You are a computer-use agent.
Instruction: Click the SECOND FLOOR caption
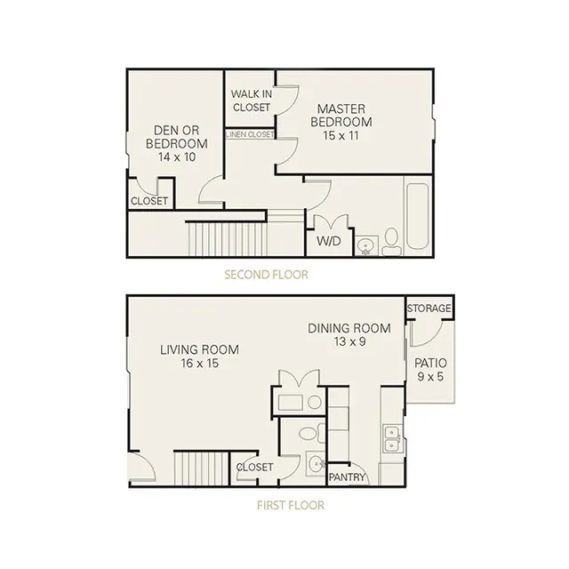(x=266, y=275)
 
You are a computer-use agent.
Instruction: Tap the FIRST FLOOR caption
(x=291, y=505)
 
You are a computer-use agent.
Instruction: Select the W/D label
(x=329, y=241)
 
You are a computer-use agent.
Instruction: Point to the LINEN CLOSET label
(x=250, y=134)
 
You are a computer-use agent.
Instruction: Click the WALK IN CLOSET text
(x=252, y=100)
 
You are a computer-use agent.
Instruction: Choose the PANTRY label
(x=346, y=477)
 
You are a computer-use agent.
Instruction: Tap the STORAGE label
(x=429, y=309)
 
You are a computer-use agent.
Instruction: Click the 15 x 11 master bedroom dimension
(x=341, y=136)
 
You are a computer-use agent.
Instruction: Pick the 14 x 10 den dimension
(x=177, y=157)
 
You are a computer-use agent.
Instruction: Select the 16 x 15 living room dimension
(x=199, y=364)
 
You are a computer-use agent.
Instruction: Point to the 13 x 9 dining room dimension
(x=349, y=341)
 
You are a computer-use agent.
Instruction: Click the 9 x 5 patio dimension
(x=430, y=377)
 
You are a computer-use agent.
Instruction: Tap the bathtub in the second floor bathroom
(x=417, y=217)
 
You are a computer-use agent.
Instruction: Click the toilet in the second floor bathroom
(x=391, y=242)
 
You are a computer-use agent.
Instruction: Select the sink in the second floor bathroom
(x=365, y=246)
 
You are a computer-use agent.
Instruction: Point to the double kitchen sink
(x=392, y=439)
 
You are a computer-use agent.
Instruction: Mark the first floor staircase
(x=201, y=469)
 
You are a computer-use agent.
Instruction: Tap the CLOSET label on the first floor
(x=254, y=467)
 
